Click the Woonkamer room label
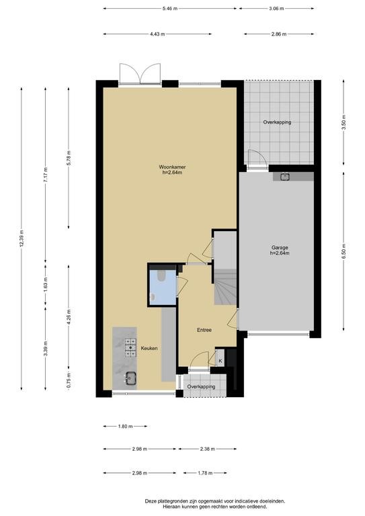pos(172,167)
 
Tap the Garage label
pos(280,247)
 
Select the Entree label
pos(204,330)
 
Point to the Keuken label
pos(149,348)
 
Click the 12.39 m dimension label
pos(22,239)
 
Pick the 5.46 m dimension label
pos(170,9)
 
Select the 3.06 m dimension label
pos(276,9)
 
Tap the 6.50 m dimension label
pos(344,251)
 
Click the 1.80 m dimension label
pos(125,426)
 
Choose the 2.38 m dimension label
pos(207,449)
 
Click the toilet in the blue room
pos(161,275)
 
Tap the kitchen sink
pos(131,377)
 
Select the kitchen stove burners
pos(130,348)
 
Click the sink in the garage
pos(285,177)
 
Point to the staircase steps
pos(225,287)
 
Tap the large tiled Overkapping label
pos(277,122)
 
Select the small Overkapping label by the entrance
pos(201,387)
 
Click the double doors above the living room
pos(140,74)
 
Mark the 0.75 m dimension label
pos(69,381)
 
